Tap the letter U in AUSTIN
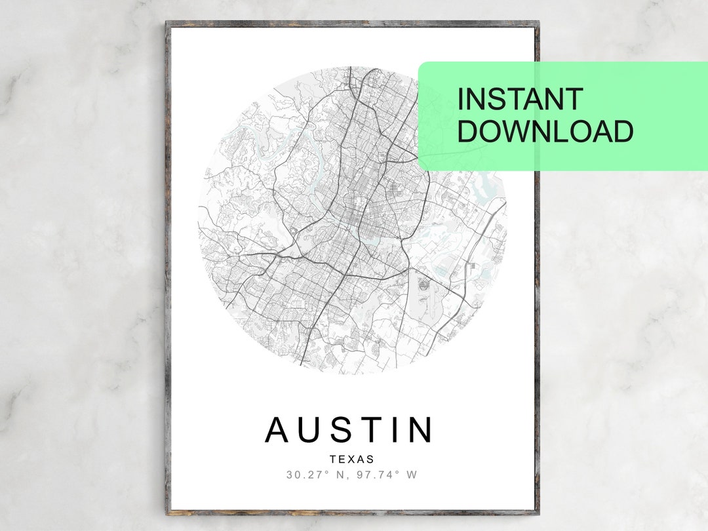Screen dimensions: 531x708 pos(309,429)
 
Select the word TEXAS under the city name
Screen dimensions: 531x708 pos(351,460)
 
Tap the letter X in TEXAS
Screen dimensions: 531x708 pos(351,460)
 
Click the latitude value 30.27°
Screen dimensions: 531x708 pos(307,475)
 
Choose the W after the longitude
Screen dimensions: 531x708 pos(412,475)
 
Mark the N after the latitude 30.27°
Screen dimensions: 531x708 pos(340,475)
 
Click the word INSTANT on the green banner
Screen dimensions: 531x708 pos(520,99)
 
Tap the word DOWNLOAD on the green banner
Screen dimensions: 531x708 pos(545,131)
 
